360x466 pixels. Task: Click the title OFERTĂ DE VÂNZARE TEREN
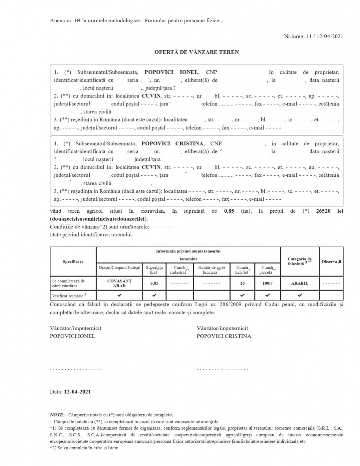pos(196,52)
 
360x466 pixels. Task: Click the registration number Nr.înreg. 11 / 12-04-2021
pos(313,37)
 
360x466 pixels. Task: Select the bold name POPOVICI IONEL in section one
pos(171,72)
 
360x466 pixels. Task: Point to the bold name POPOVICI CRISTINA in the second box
pos(172,144)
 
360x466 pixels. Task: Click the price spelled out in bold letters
pos(99,219)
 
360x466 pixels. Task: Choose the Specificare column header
pos(73,262)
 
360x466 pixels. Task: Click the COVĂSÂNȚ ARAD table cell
pos(119,283)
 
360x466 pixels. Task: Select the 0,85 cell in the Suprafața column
pos(154,283)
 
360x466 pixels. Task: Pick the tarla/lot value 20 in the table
pos(242,283)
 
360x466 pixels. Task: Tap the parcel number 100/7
pos(267,283)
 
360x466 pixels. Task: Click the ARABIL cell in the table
pos(300,283)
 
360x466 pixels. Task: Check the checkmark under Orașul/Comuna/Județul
pos(119,295)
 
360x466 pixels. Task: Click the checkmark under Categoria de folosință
pos(300,295)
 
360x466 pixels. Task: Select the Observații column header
pos(331,262)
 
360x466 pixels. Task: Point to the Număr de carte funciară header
pos(211,270)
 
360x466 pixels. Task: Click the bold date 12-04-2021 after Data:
pos(77,392)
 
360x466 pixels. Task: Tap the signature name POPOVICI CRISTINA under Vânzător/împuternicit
pos(224,336)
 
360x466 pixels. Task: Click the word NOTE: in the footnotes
pos(57,415)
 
